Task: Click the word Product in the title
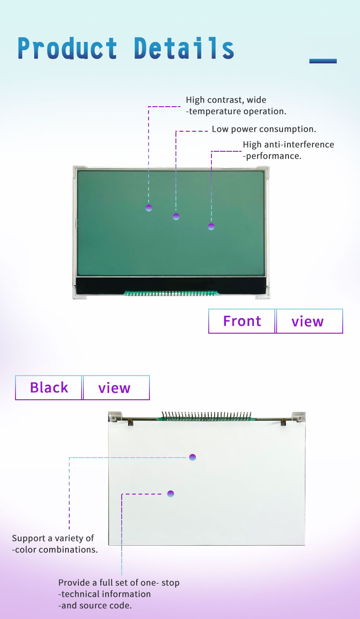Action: click(67, 48)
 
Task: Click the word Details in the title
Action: click(184, 48)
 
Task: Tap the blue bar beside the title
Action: click(323, 61)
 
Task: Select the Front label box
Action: click(242, 321)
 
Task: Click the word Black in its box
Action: click(49, 387)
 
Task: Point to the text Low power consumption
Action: click(264, 129)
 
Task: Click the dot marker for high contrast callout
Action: click(149, 208)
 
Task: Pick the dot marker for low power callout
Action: click(176, 217)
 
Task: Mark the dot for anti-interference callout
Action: click(211, 227)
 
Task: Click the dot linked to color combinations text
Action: click(193, 457)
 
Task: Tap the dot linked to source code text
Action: click(171, 494)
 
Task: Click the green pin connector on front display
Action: click(171, 293)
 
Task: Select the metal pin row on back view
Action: click(207, 416)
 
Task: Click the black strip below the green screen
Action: click(171, 285)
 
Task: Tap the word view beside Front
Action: click(307, 322)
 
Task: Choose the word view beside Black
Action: click(114, 388)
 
